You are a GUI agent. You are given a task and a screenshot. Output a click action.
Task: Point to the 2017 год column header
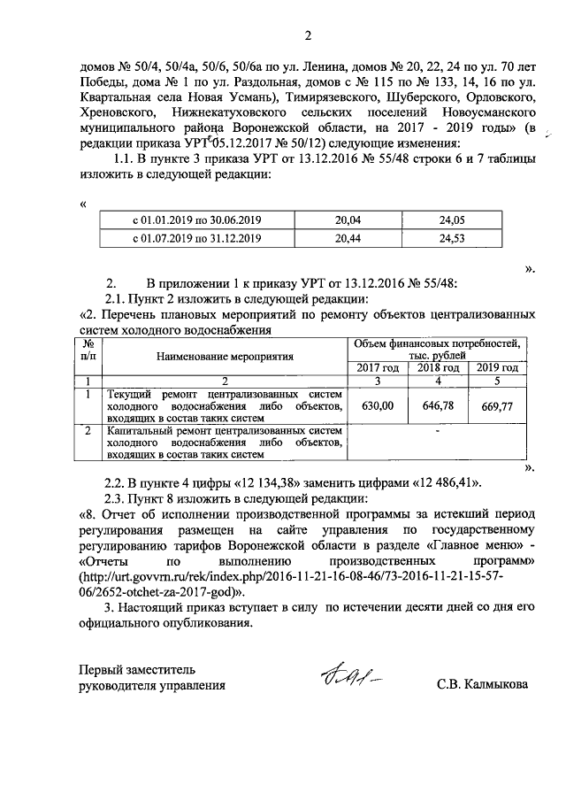(377, 367)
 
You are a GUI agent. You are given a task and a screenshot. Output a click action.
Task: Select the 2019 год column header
(498, 367)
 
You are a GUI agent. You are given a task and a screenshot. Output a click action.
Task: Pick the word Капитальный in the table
(140, 430)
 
